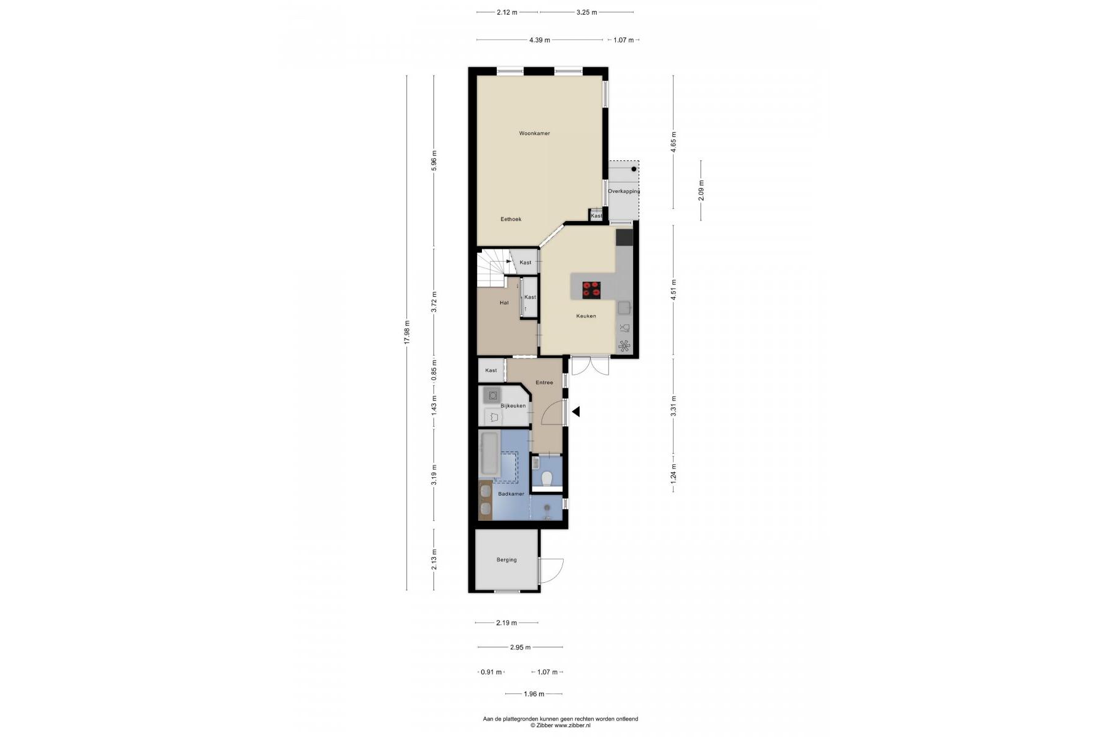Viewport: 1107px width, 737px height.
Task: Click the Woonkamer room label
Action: click(x=534, y=133)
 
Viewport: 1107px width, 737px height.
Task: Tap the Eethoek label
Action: click(x=511, y=219)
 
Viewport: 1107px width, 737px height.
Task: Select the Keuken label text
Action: click(x=586, y=316)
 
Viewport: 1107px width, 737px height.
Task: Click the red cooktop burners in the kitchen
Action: click(x=591, y=289)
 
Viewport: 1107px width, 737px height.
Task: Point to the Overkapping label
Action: click(x=624, y=192)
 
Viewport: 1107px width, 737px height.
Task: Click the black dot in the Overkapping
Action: click(x=634, y=169)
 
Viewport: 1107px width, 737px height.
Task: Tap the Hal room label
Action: click(x=504, y=303)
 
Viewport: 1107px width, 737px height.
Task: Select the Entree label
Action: click(x=544, y=383)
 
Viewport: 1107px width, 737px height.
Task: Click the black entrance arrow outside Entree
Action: click(x=576, y=412)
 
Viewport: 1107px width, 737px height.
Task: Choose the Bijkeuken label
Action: click(x=513, y=406)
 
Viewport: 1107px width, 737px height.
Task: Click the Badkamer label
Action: click(x=511, y=494)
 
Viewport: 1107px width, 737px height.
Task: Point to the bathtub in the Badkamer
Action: click(x=489, y=454)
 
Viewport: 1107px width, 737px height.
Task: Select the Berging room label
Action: click(x=507, y=560)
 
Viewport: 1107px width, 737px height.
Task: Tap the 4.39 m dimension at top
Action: click(x=540, y=41)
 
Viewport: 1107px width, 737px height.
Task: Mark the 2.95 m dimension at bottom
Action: click(x=520, y=647)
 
